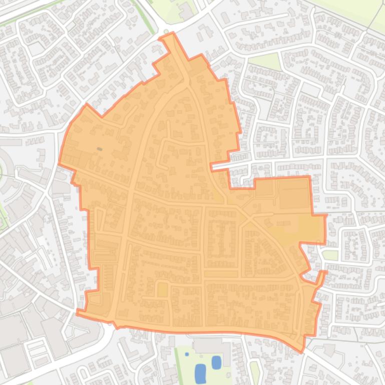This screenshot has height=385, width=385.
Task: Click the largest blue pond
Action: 200,372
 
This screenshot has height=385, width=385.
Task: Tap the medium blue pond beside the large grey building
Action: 216,362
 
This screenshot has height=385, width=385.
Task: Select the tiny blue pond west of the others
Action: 187,354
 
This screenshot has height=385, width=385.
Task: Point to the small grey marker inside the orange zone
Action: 100,149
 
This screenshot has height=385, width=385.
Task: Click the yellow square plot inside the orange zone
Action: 162,289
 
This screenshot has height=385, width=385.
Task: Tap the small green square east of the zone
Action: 330,255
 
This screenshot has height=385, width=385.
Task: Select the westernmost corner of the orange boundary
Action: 59,163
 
